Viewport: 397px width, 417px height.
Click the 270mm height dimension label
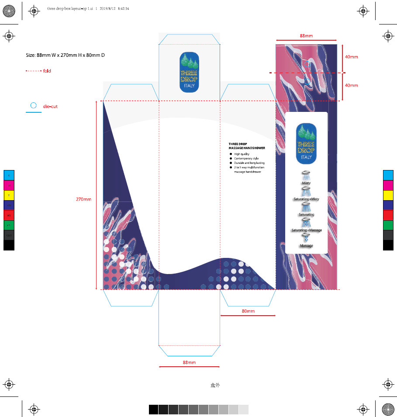coord(83,199)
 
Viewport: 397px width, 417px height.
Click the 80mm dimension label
coord(248,311)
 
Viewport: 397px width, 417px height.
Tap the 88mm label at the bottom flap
coord(189,362)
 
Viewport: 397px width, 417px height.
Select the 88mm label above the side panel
coord(306,35)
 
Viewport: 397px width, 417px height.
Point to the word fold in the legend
coord(47,71)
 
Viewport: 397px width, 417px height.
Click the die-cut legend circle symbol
coord(33,105)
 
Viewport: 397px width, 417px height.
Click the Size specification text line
coord(65,55)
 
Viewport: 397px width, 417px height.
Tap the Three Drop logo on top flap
coord(189,72)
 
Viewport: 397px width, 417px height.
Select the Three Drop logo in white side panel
coord(306,143)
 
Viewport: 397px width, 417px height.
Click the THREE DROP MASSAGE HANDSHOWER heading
coord(247,146)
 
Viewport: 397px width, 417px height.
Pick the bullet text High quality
coord(242,154)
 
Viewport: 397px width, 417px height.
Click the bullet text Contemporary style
coord(246,159)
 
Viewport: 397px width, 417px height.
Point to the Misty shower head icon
coord(306,174)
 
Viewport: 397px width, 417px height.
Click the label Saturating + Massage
coord(307,230)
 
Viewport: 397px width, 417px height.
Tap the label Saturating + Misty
coord(306,199)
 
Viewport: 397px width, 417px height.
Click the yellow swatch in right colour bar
coord(388,195)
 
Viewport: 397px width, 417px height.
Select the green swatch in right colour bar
coord(388,225)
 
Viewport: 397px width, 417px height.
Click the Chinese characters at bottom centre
coord(214,385)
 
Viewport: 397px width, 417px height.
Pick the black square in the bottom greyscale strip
coord(153,410)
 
